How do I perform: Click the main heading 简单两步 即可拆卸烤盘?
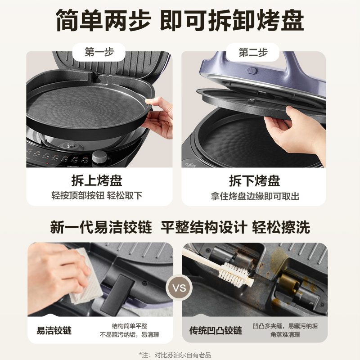pos(180,20)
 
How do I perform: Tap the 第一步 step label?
pos(99,52)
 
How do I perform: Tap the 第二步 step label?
pos(253,52)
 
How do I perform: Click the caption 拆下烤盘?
pos(254,181)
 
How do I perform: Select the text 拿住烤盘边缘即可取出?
pos(255,196)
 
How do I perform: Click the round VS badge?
pos(179,287)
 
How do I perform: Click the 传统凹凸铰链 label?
pos(215,331)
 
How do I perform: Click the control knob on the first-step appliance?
pos(100,157)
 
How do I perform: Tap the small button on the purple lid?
pos(253,71)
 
